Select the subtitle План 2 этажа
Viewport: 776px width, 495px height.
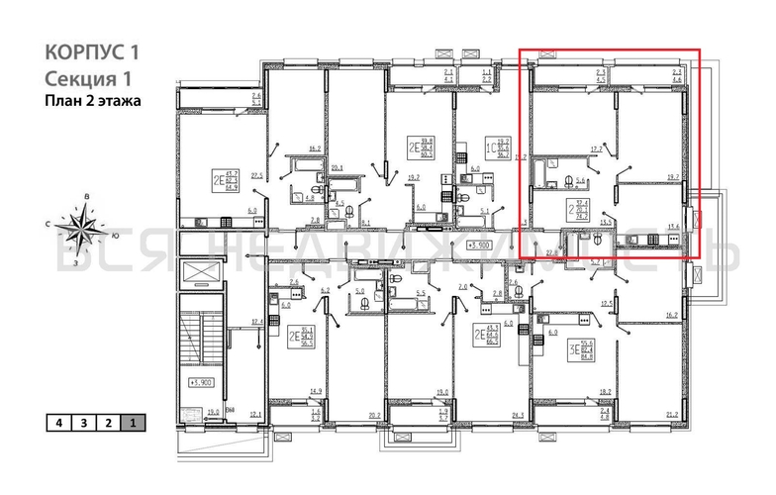(93, 100)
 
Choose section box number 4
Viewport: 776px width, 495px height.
(59, 422)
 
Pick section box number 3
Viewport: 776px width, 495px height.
(83, 422)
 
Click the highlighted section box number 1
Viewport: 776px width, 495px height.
(131, 422)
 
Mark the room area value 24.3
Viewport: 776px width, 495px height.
(516, 415)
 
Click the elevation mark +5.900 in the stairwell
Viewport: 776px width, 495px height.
(201, 380)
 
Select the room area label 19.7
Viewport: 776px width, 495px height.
(673, 178)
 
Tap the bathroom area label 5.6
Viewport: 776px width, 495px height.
(582, 181)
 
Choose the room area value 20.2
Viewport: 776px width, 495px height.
(374, 415)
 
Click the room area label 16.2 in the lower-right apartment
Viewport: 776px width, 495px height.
(673, 316)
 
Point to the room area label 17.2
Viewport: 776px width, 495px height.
(597, 149)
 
